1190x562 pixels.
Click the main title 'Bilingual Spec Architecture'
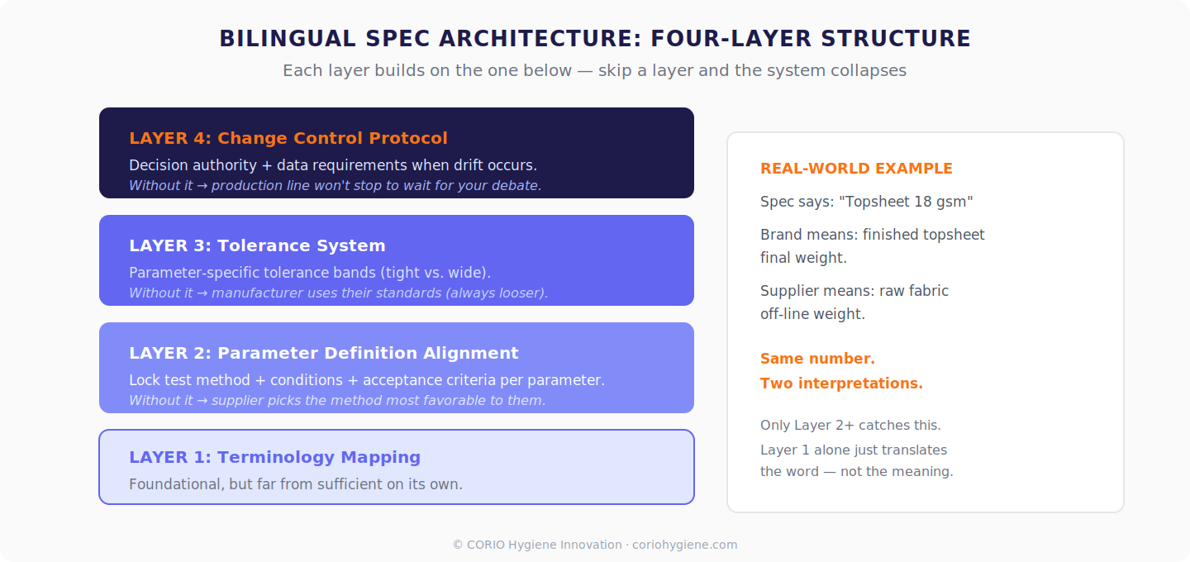click(x=594, y=39)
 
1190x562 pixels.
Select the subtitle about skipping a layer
click(x=594, y=70)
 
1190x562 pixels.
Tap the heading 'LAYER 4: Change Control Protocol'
click(x=288, y=138)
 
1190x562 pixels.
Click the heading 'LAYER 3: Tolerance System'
click(x=257, y=245)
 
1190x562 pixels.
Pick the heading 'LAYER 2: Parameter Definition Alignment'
click(x=323, y=353)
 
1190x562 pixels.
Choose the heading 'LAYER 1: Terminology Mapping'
click(x=274, y=457)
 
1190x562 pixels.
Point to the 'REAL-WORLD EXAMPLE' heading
click(x=856, y=169)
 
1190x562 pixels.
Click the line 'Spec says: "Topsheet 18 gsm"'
click(x=866, y=202)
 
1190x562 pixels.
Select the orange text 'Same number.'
click(x=817, y=359)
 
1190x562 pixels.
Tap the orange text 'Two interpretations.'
click(x=841, y=383)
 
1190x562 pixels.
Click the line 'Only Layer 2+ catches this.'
click(x=850, y=425)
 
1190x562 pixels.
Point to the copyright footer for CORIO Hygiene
click(x=594, y=545)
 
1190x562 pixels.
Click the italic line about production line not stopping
click(x=335, y=185)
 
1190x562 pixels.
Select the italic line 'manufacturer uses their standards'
click(x=338, y=293)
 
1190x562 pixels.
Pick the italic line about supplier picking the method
click(x=337, y=400)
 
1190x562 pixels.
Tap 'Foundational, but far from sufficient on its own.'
click(x=295, y=483)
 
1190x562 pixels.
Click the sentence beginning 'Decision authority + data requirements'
click(x=332, y=165)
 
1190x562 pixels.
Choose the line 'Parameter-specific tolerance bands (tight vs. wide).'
click(x=310, y=273)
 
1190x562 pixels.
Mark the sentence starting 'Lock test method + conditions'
click(x=366, y=380)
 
